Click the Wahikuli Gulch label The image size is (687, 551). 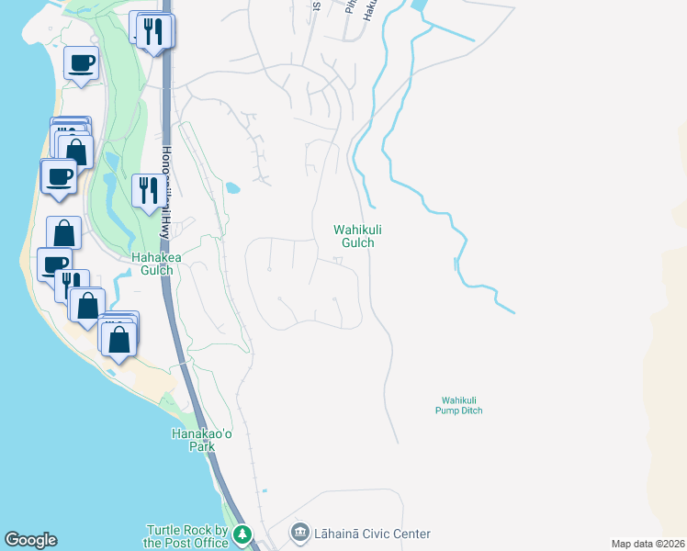point(354,236)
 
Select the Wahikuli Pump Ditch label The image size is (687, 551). point(459,405)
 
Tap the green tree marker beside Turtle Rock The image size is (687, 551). point(242,534)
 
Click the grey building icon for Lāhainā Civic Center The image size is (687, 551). point(300,533)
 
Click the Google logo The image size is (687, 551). point(30,540)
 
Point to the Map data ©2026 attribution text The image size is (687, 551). point(648,544)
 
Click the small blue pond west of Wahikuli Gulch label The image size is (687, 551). point(232,188)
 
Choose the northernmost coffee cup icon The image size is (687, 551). point(81,62)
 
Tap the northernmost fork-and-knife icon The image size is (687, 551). point(154,31)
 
